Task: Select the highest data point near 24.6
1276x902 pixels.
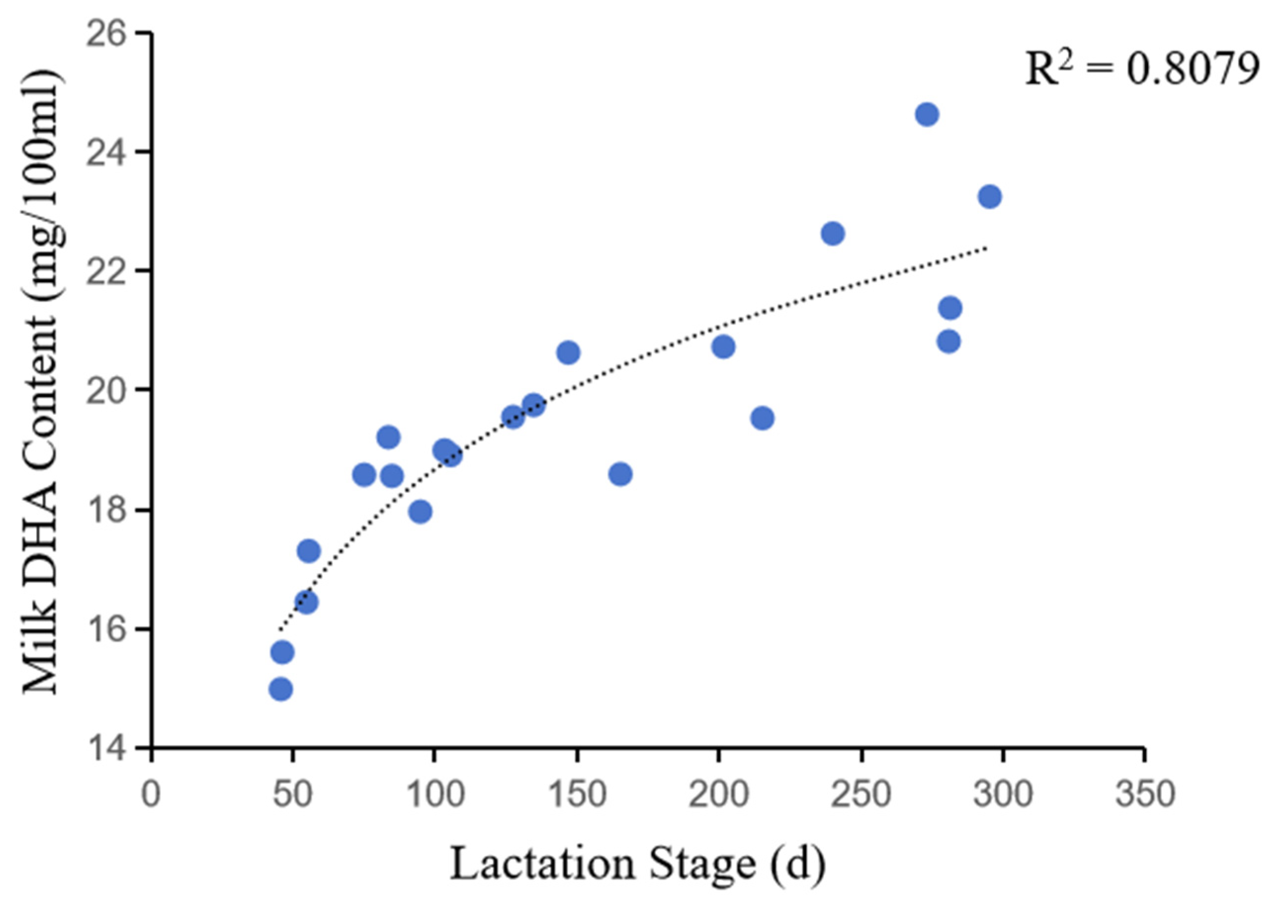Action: tap(926, 115)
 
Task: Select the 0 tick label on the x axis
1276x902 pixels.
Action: tap(151, 794)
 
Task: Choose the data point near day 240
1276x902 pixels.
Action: tap(832, 234)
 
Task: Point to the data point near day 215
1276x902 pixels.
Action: tap(763, 418)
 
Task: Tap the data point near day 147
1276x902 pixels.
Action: tap(568, 352)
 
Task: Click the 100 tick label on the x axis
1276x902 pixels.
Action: tap(435, 794)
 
